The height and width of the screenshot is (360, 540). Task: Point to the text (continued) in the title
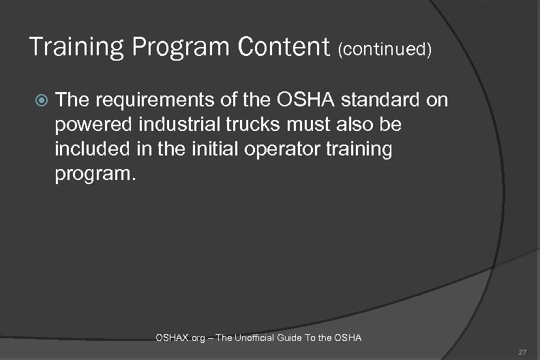[x=384, y=49]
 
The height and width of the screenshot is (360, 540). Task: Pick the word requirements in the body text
[x=142, y=102]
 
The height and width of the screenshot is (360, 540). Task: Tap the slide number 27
[x=522, y=352]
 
